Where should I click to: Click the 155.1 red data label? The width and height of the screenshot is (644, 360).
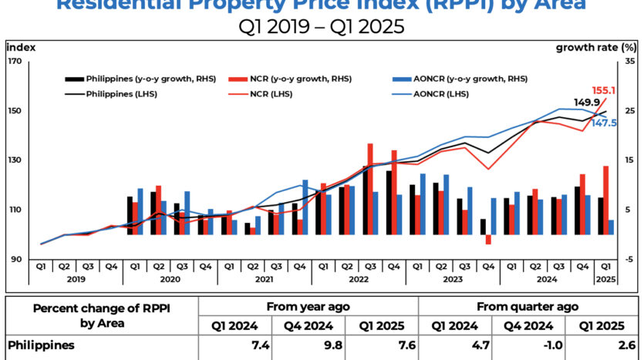point(603,89)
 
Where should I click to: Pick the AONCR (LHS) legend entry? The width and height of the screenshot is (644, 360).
point(442,94)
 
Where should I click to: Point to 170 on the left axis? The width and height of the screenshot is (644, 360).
point(14,61)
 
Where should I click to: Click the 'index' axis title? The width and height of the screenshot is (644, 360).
point(19,47)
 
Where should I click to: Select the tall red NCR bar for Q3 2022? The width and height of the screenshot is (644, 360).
point(370,189)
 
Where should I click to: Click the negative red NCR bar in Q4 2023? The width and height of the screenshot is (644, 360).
point(488,239)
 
